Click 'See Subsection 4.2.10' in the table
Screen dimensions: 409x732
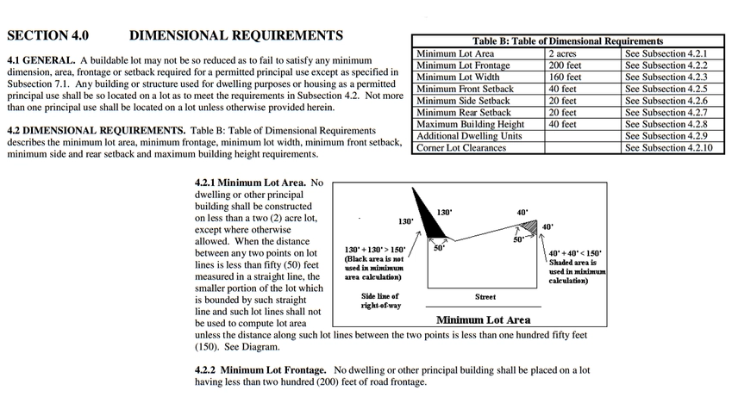click(x=669, y=148)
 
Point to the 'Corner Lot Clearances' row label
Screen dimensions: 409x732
click(x=461, y=148)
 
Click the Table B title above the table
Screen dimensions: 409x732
click(x=568, y=40)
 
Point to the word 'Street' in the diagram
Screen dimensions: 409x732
click(x=485, y=297)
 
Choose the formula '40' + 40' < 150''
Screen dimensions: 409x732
click(x=575, y=253)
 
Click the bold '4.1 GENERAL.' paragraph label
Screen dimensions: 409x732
click(x=41, y=59)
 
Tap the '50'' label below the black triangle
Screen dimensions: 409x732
click(x=439, y=248)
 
